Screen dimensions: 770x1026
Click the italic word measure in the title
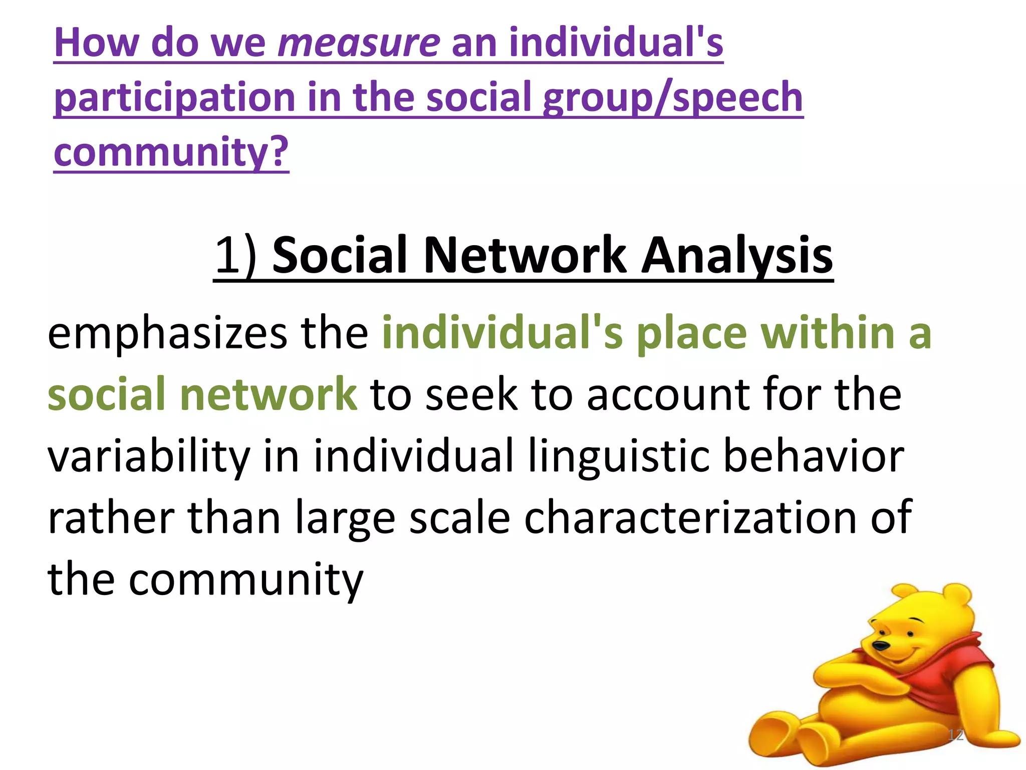[x=359, y=43]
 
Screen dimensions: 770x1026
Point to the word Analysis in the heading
[x=737, y=256]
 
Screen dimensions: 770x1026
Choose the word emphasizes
[x=167, y=334]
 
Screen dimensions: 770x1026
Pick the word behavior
[x=814, y=456]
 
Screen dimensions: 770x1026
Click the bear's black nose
[x=880, y=646]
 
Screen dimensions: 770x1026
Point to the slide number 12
[x=956, y=735]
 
